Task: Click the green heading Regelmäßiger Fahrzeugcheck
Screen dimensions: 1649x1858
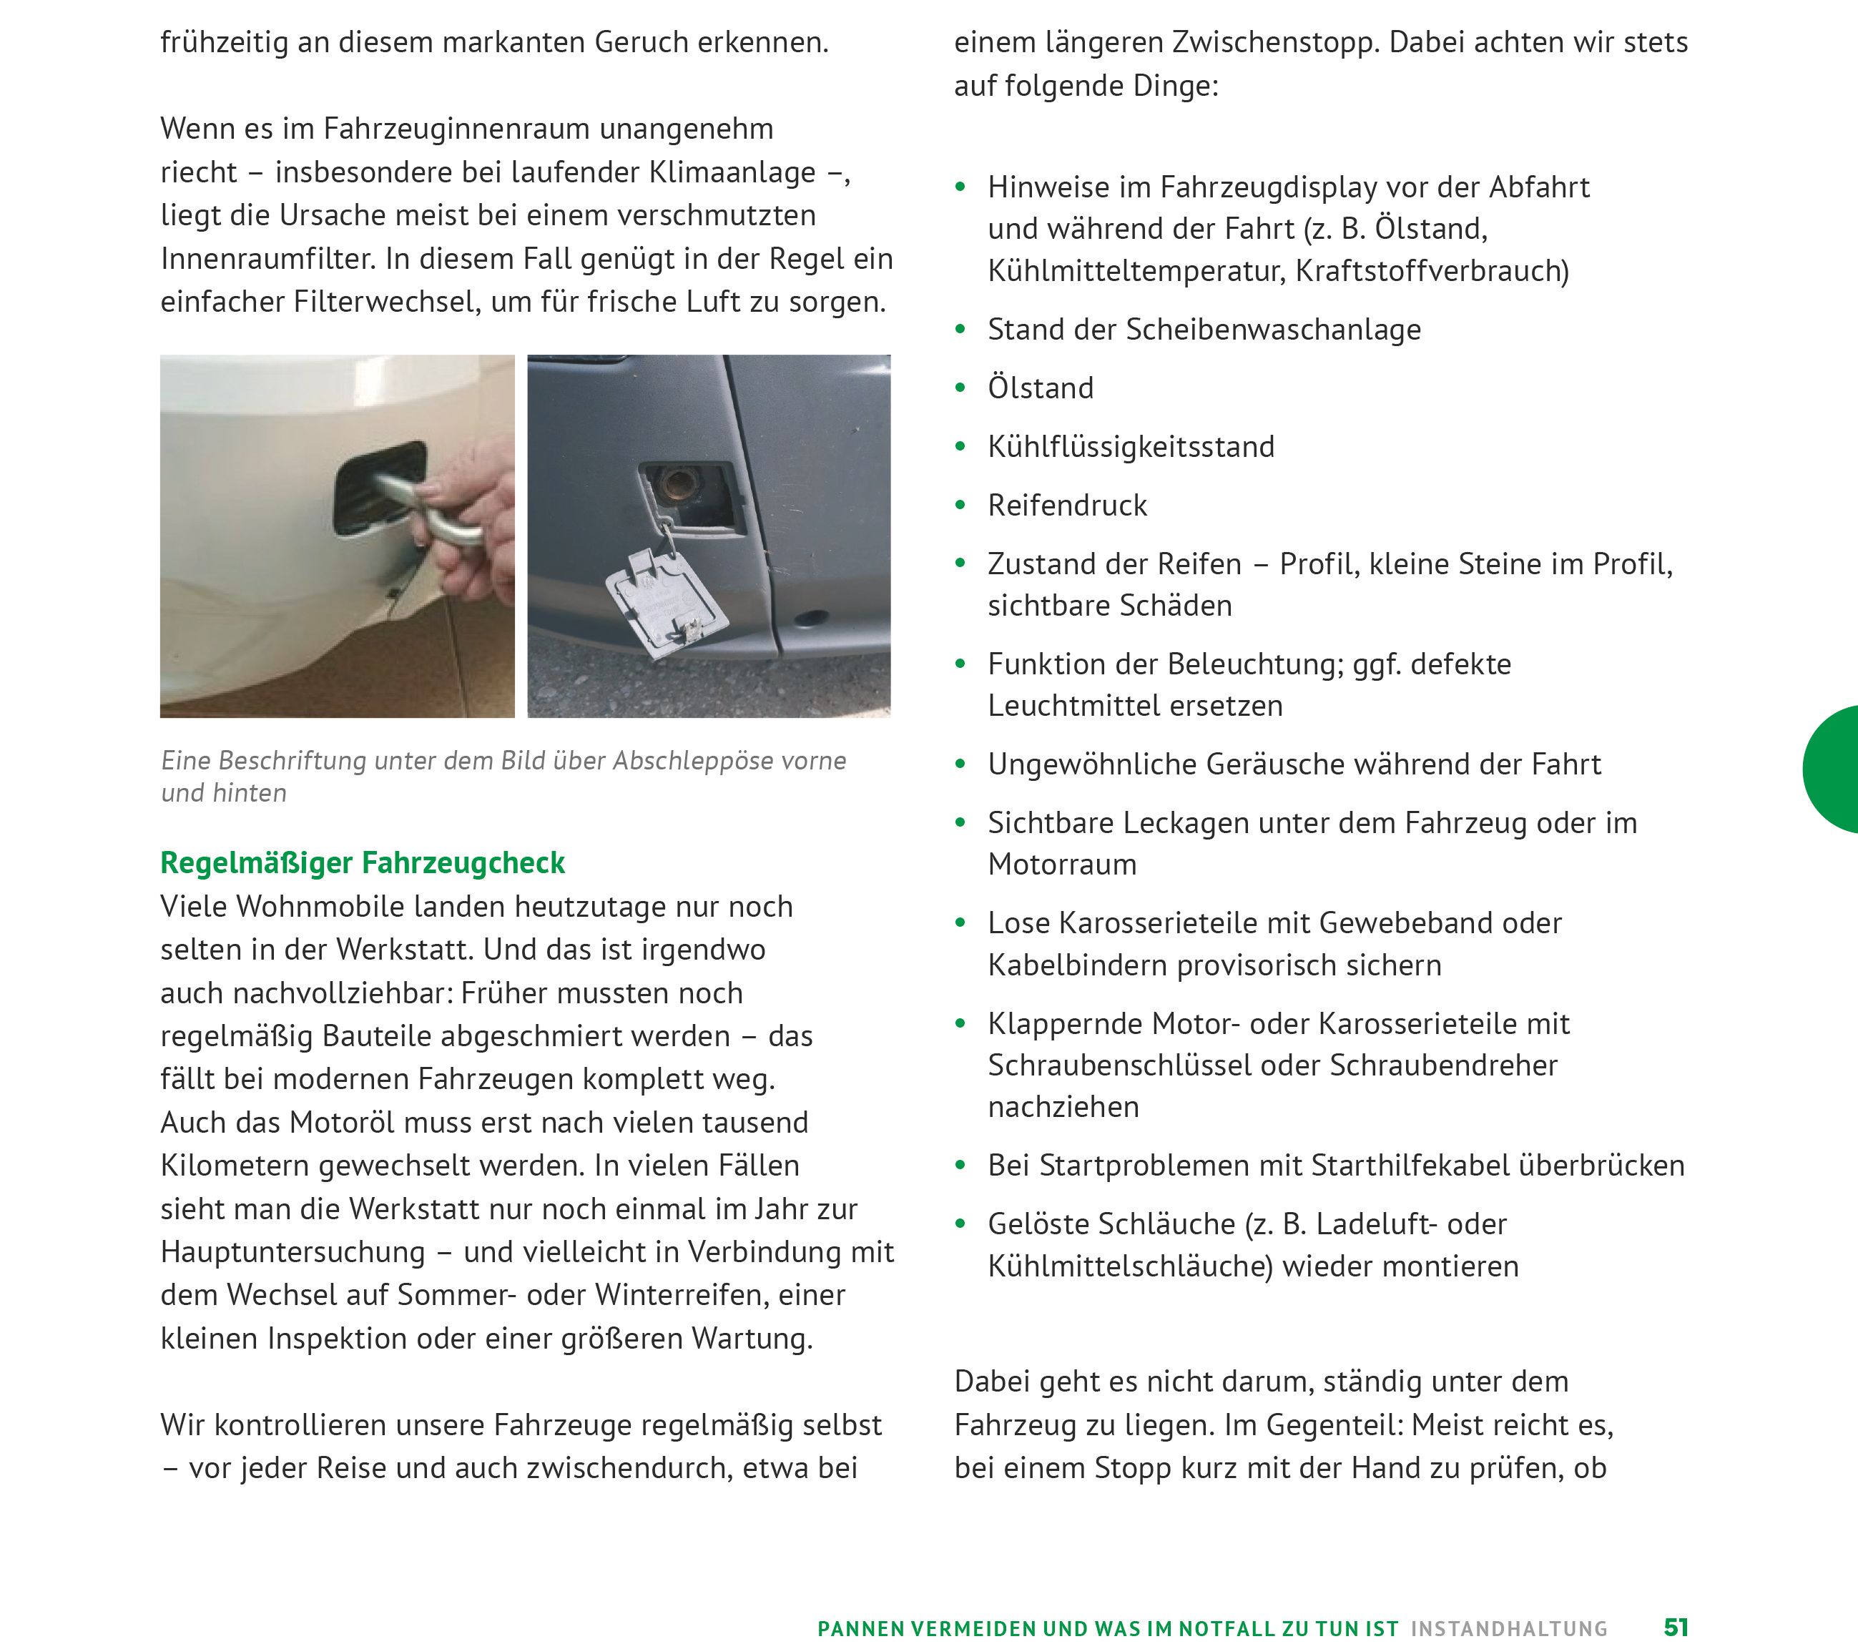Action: point(362,862)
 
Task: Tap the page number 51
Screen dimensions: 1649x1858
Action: point(1676,1627)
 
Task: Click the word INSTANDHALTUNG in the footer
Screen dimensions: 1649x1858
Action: point(1509,1628)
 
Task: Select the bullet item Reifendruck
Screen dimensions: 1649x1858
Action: point(1067,506)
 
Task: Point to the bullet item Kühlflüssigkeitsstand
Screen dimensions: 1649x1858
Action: point(1131,446)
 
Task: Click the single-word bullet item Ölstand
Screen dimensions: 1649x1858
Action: point(1041,388)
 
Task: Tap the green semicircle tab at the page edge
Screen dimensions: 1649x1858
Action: point(1834,769)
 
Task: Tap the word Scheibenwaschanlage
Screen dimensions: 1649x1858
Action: point(1272,329)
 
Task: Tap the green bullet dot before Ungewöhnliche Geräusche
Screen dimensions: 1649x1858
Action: point(960,764)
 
